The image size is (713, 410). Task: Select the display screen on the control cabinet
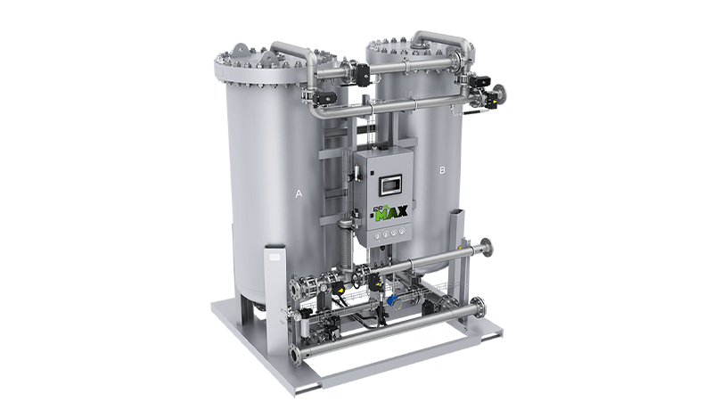392,185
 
